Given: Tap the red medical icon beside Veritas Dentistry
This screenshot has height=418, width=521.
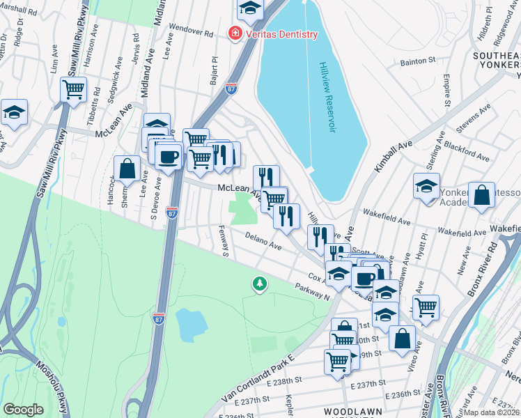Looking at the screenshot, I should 235,33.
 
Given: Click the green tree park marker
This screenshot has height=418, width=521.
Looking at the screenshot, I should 260,284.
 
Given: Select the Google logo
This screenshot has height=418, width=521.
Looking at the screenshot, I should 23,410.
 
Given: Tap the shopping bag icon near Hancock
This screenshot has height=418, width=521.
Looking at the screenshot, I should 127,169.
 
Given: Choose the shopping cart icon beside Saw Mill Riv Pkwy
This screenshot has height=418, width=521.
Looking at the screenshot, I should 73,89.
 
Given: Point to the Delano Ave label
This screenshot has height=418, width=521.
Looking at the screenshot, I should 263,242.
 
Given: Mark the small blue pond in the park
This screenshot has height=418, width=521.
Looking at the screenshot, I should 191,324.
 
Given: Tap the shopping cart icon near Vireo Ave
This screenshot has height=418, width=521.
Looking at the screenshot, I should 425,305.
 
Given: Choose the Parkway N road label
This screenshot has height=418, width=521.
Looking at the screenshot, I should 311,291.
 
